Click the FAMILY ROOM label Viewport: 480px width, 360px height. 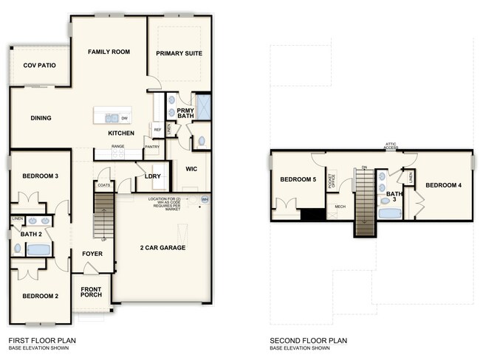(x=109, y=52)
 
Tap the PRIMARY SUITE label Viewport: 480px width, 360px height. (x=179, y=53)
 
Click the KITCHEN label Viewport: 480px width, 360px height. (x=121, y=134)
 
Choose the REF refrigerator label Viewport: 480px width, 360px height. (x=157, y=130)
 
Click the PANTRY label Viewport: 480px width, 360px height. (x=153, y=147)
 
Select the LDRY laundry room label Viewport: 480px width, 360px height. (x=153, y=176)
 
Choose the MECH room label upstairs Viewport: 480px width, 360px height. (x=340, y=207)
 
